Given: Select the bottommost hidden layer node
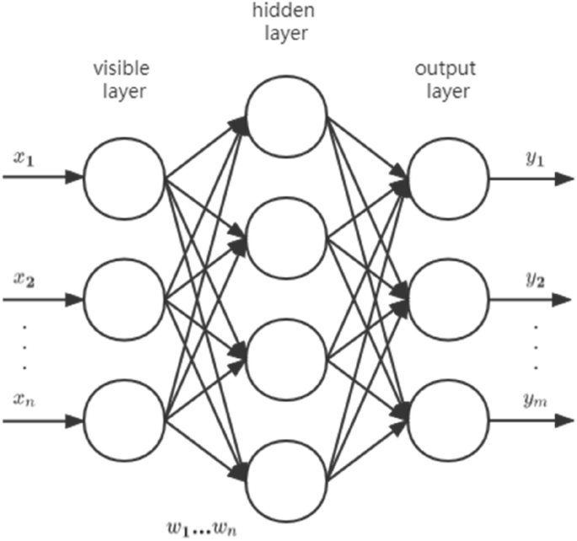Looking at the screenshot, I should coord(286,476).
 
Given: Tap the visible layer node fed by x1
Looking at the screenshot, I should coord(125,178).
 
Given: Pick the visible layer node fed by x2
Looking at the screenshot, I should coord(125,298).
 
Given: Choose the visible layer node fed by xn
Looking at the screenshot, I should coord(125,419).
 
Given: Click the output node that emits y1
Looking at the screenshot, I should coord(448,178).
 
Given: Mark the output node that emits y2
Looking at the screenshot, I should coord(448,298).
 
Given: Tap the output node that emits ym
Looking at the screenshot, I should coord(448,419).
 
